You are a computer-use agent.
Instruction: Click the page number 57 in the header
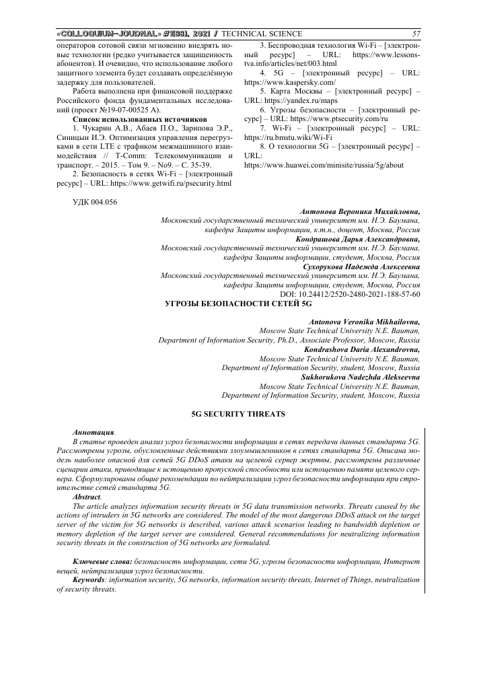tap(416, 34)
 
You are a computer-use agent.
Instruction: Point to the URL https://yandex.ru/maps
tap(297, 99)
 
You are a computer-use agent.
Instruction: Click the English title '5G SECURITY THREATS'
tap(229, 412)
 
